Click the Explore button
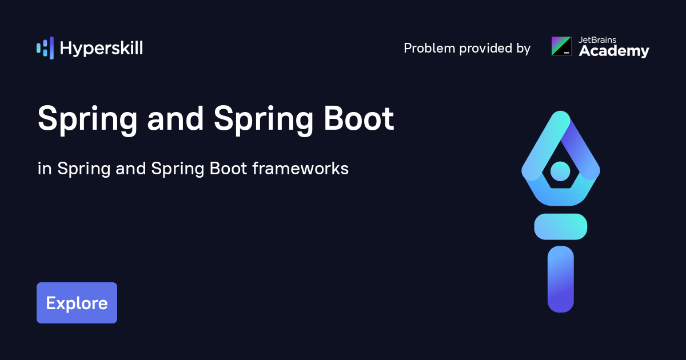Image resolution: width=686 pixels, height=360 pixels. (77, 303)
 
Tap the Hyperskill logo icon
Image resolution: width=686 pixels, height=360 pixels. (45, 48)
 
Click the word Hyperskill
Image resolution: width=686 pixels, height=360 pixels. (101, 49)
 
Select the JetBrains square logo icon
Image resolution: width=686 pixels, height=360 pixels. (561, 46)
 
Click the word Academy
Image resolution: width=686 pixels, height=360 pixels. (614, 51)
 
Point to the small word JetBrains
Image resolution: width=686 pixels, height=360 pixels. (596, 39)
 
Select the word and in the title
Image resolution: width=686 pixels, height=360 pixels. (175, 119)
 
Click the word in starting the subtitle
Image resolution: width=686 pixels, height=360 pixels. (43, 169)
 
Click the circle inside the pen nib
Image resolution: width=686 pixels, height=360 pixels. (560, 170)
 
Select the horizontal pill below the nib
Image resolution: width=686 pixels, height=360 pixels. (560, 226)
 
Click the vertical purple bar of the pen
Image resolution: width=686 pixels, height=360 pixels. (560, 279)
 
